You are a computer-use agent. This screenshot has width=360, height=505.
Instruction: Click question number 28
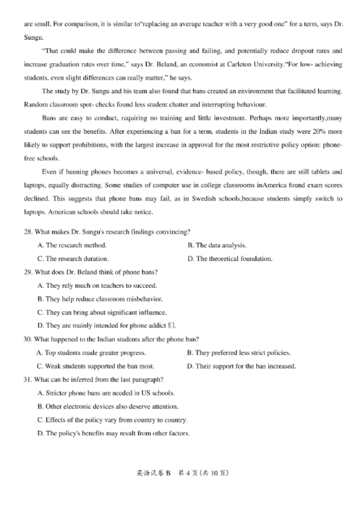[28, 231]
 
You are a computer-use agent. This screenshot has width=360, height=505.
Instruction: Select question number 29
[28, 272]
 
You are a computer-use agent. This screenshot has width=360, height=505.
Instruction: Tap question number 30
[28, 339]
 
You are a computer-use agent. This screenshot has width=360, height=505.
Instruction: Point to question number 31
[28, 379]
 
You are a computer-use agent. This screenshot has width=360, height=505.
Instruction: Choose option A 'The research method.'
[72, 245]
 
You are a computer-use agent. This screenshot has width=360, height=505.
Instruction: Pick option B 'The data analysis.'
[217, 245]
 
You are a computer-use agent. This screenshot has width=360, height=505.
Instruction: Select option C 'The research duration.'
[73, 259]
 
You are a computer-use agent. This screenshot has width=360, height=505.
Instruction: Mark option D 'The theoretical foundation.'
[230, 259]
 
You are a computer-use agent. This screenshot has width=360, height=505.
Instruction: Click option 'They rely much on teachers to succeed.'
[97, 286]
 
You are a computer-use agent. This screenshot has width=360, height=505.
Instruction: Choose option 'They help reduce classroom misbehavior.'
[100, 299]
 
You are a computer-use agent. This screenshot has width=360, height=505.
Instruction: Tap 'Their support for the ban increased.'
[241, 366]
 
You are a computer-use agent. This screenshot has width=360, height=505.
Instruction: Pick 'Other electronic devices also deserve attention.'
[108, 406]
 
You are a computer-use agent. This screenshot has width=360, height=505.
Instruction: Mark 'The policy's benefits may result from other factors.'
[113, 433]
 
